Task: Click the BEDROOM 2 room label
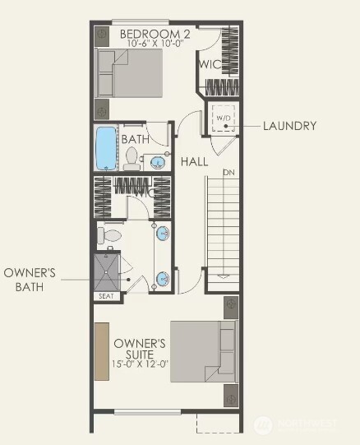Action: coord(155,34)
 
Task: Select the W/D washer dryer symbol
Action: coord(224,118)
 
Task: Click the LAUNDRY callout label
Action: coord(289,126)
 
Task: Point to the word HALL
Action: coord(195,161)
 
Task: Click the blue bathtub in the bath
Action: coord(106,148)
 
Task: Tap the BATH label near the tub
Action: coord(135,140)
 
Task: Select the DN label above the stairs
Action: coord(228,173)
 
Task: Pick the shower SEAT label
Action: coord(106,295)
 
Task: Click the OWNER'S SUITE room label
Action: coord(141,348)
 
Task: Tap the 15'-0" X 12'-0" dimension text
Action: coord(141,363)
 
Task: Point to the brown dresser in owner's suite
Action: coord(101,350)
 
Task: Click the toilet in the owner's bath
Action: coord(109,236)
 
